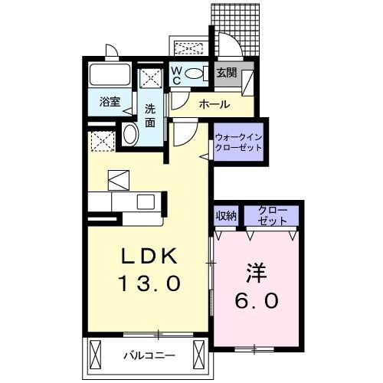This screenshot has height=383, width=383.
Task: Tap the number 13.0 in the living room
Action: (x=149, y=283)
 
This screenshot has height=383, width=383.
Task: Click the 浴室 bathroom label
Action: (x=110, y=101)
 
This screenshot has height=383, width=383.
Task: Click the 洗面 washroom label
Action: (x=151, y=115)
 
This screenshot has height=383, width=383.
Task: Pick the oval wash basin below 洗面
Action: (x=129, y=136)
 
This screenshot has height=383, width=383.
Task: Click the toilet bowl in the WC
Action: (x=195, y=74)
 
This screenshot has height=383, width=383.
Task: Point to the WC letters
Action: (x=175, y=74)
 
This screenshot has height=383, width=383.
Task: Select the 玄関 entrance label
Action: (x=227, y=74)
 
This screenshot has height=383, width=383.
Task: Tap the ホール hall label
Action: (x=214, y=102)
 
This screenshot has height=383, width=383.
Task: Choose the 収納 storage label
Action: (x=225, y=215)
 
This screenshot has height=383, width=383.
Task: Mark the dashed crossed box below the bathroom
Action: (x=101, y=142)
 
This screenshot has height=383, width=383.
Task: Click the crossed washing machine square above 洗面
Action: (x=150, y=77)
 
